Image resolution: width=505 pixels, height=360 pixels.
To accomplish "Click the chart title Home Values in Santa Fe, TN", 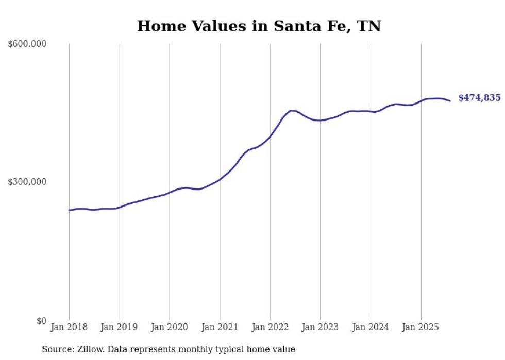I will click(x=259, y=26).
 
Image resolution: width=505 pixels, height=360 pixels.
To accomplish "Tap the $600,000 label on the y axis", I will click(x=27, y=44).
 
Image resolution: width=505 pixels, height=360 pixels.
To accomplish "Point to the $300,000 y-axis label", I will click(x=27, y=182).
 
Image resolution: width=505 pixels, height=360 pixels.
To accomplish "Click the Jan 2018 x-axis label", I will click(x=69, y=327).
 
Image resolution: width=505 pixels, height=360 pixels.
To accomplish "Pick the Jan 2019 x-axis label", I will click(x=120, y=327).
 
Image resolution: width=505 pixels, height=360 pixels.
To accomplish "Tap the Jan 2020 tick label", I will click(x=170, y=327).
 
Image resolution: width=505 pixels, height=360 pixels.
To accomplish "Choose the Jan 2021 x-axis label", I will click(x=220, y=327).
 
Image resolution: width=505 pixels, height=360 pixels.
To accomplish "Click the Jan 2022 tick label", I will click(x=270, y=327).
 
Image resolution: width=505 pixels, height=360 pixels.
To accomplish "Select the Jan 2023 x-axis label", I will click(x=320, y=327).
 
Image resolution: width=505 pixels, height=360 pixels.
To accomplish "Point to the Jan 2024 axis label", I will click(x=371, y=327).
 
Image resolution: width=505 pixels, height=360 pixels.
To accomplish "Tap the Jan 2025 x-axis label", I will click(x=420, y=327).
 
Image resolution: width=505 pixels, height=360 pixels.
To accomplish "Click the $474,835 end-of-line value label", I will click(x=479, y=98).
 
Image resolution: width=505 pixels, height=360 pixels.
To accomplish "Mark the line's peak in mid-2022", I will click(x=292, y=110).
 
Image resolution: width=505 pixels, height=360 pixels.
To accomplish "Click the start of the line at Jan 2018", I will click(x=69, y=210).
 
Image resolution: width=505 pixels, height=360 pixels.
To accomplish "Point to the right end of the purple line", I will click(x=450, y=101).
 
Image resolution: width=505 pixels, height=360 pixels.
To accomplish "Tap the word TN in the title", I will click(x=369, y=26).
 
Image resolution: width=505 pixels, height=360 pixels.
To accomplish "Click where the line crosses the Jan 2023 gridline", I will click(x=320, y=121).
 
